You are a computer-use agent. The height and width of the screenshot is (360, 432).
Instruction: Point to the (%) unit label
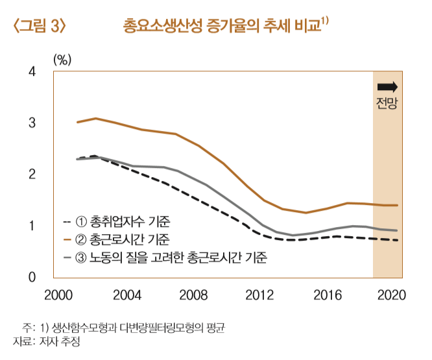pyautogui.click(x=62, y=59)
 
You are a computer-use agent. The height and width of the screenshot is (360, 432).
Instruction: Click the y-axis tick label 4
pyautogui.click(x=32, y=71)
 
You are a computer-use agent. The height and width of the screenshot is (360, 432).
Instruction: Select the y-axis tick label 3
pyautogui.click(x=32, y=123)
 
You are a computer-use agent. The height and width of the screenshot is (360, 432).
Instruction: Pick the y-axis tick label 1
pyautogui.click(x=32, y=226)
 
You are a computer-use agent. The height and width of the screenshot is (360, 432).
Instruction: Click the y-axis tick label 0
pyautogui.click(x=32, y=277)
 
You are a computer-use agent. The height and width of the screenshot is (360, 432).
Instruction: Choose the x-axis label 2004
pyautogui.click(x=127, y=295)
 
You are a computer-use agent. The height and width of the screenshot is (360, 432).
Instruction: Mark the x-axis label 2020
pyautogui.click(x=392, y=295)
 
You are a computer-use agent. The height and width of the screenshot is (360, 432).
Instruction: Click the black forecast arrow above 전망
pyautogui.click(x=387, y=87)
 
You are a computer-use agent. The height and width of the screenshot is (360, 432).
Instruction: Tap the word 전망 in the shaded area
pyautogui.click(x=387, y=102)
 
